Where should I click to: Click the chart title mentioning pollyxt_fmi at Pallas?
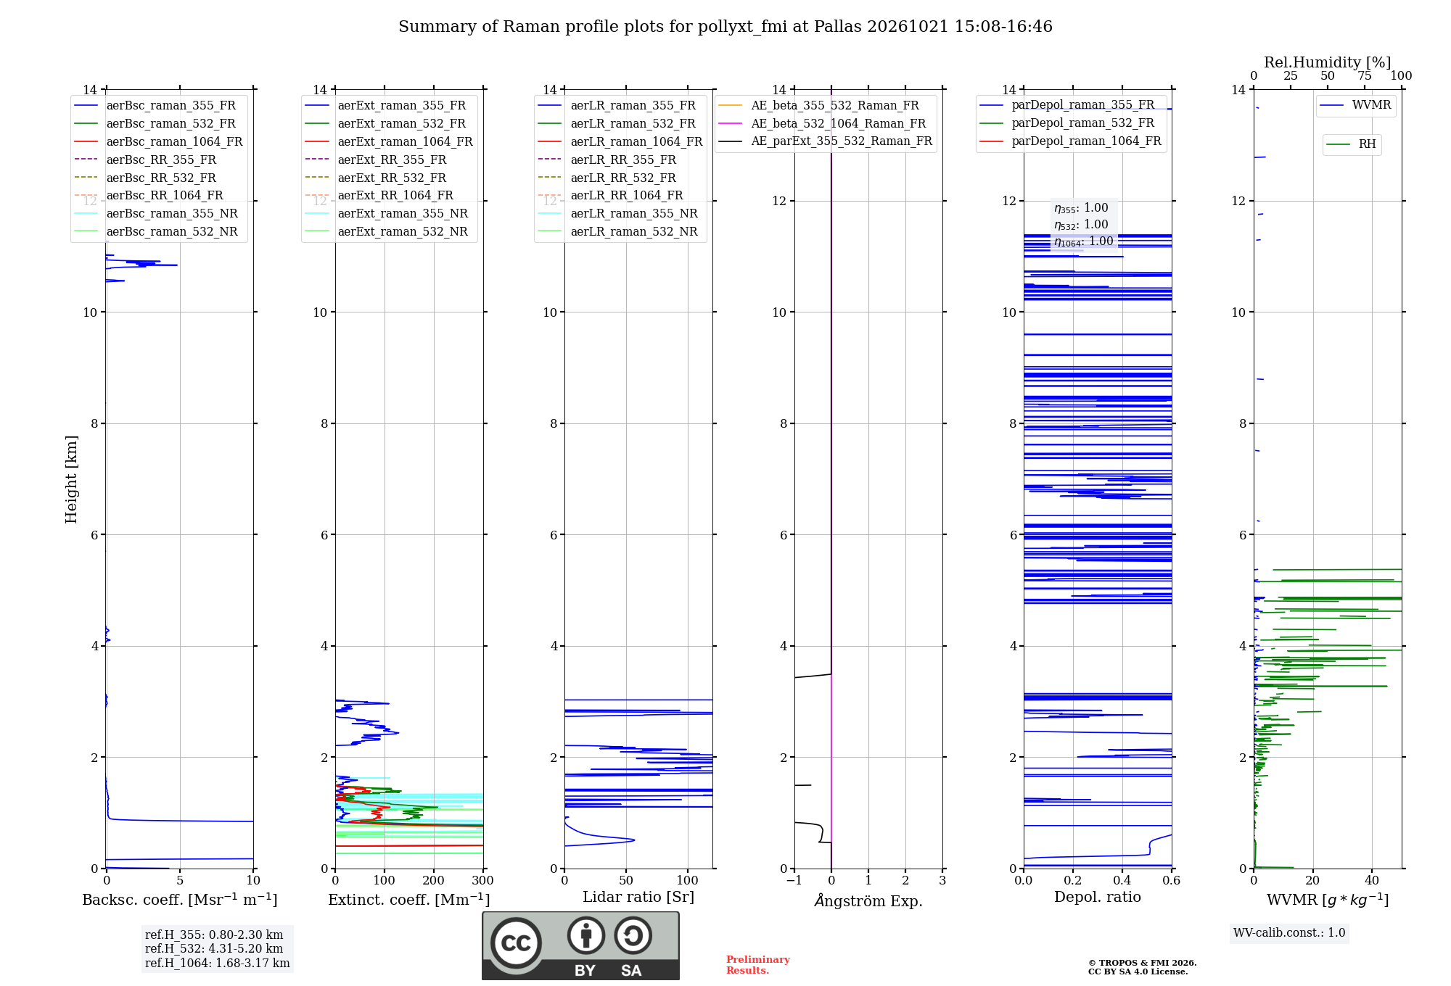pos(725,27)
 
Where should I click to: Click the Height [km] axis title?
pos(71,479)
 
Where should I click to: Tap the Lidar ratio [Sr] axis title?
pos(638,897)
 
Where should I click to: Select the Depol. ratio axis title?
pos(1098,897)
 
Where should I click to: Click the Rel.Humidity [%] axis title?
pos(1328,62)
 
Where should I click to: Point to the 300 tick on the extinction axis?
pos(482,881)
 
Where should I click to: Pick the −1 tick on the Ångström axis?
pos(794,881)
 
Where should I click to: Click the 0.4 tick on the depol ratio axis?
pos(1122,881)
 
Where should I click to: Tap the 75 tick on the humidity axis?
pos(1365,75)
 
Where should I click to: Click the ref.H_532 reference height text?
pos(214,948)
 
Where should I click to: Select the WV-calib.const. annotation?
pos(1289,933)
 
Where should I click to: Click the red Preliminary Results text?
pos(758,965)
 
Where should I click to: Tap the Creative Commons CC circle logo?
pos(517,943)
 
